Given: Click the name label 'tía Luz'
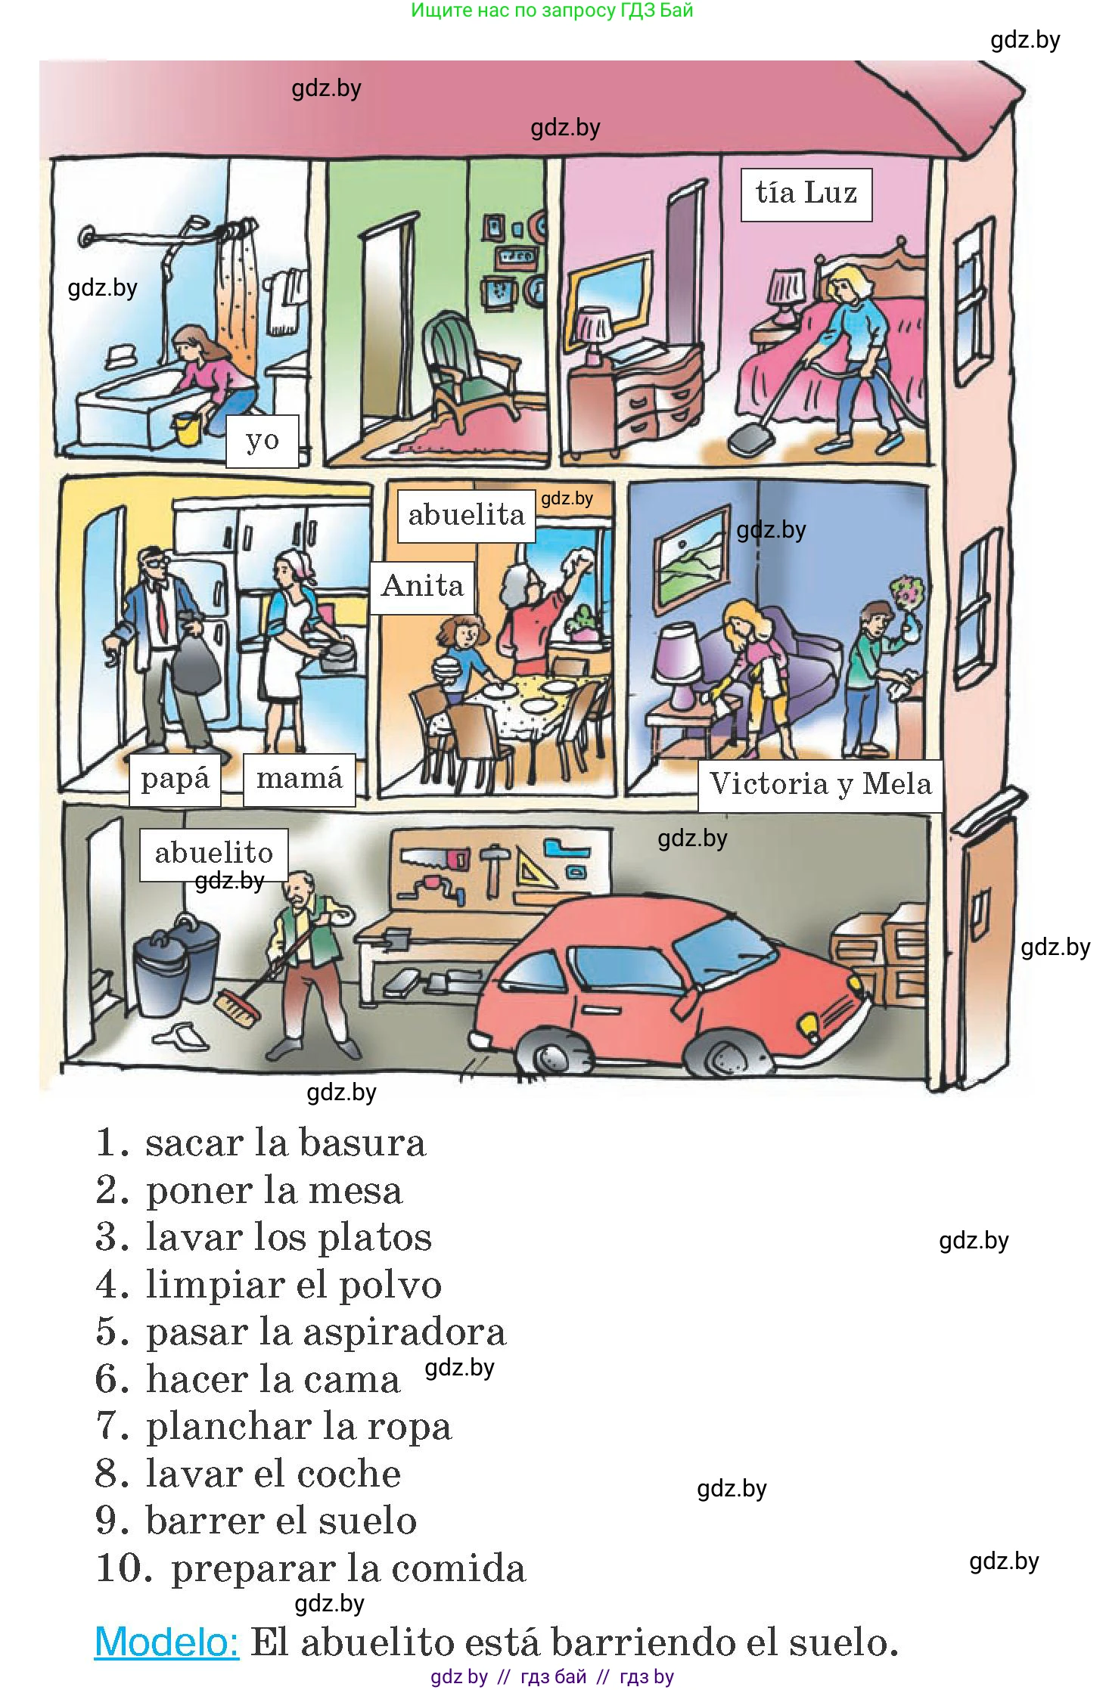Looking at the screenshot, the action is pos(806,194).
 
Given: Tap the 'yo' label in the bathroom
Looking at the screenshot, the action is pos(263,440).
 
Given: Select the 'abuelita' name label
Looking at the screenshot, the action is pos(466,516).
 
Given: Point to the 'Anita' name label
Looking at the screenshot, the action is pos(422,587).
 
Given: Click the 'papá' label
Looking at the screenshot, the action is pos(175,779).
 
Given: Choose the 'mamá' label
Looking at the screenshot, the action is pos(300,779).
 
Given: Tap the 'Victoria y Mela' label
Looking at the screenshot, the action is pos(820,785).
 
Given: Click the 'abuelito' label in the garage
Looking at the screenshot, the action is pos(213,854).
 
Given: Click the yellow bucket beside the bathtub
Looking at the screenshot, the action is pos(187,429).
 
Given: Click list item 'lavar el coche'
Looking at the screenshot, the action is pos(272,1474).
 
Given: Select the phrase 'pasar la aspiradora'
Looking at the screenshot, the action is pos(325,1332).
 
